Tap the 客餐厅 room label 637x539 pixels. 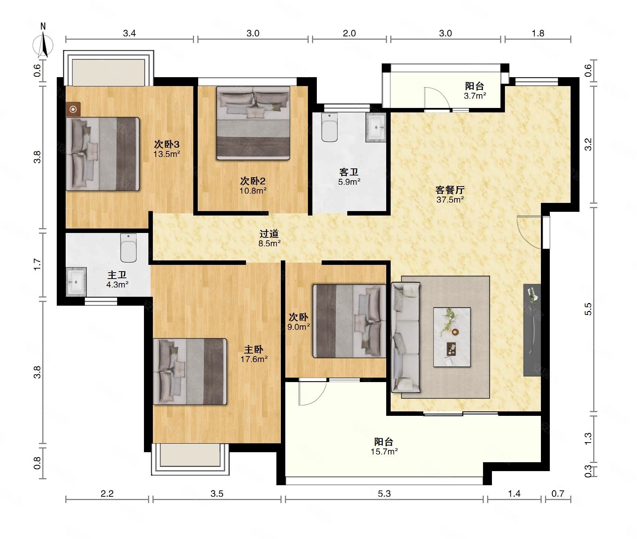450,190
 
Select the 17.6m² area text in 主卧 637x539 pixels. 254,359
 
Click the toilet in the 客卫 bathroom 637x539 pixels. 329,127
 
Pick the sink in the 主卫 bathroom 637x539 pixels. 76,282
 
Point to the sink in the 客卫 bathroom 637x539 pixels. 376,127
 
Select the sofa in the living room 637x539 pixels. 405,337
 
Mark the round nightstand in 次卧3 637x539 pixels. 73,109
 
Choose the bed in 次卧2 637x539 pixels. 253,123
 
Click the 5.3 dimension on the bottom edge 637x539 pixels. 384,493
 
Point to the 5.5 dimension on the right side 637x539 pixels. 588,309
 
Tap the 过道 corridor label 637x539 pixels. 269,234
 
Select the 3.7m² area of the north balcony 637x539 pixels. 475,96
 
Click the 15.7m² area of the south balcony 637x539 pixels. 384,451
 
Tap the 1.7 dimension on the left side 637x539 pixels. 37,264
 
